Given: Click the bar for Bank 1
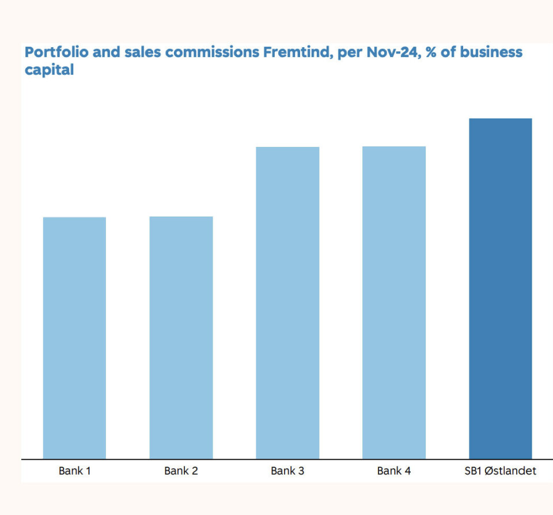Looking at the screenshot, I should point(74,338).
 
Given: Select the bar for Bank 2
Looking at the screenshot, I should point(181,338).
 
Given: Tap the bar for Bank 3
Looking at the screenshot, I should point(287,303).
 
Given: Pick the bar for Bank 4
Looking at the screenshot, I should point(394,302).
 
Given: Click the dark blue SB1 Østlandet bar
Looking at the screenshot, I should point(500,289).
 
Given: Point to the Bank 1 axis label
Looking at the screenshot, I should point(74,471).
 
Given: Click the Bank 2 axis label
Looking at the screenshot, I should point(181,471).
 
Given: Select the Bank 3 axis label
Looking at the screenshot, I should point(287,471).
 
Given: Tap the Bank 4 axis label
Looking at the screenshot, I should point(394,471).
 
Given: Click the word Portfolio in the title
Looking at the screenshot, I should point(54,52).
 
